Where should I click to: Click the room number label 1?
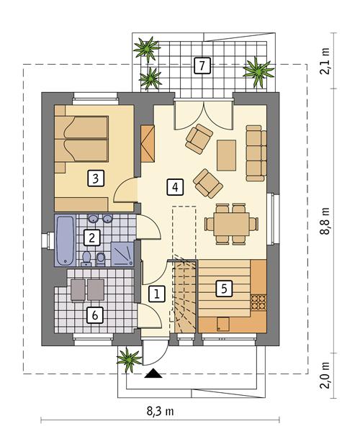tap(156, 293)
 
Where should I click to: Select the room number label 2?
tap(91, 237)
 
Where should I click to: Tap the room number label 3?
tap(94, 177)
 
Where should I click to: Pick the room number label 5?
tap(224, 289)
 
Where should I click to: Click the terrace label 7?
tap(202, 66)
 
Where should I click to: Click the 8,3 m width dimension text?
tap(158, 411)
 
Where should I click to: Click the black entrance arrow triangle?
tap(153, 373)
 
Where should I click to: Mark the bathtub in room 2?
tap(63, 237)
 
